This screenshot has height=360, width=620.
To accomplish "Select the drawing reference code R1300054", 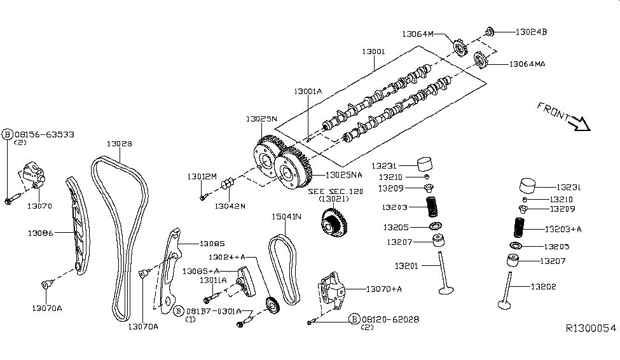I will [x=591, y=328].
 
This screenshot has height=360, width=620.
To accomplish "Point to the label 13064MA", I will [x=527, y=64].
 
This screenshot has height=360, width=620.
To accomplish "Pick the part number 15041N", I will [x=286, y=218].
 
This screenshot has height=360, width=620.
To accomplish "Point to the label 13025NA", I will [x=344, y=174].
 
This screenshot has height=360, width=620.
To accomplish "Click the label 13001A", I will [x=308, y=92].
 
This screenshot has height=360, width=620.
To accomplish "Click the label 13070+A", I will [x=384, y=289].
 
